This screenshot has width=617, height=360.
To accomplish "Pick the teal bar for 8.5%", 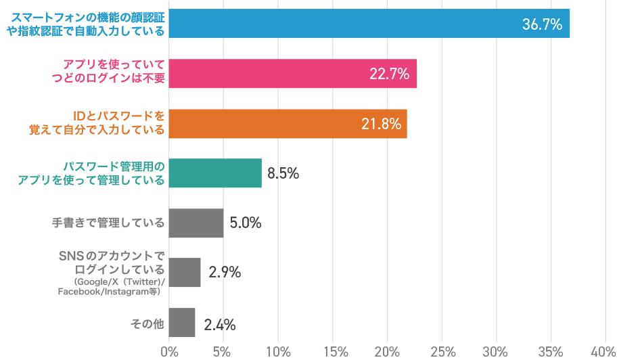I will (x=215, y=173).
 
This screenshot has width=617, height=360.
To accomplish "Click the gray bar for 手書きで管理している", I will (x=196, y=223).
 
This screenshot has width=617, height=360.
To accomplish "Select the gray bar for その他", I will (x=182, y=323).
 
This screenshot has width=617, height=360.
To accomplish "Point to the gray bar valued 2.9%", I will (x=185, y=273).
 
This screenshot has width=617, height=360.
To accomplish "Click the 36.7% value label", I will (x=542, y=24).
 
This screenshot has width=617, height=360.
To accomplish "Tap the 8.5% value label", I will (x=283, y=173).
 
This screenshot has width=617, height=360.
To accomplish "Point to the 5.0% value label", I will (x=245, y=223).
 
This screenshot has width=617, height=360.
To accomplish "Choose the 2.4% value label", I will (x=219, y=325).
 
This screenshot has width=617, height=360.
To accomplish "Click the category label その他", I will (x=147, y=323).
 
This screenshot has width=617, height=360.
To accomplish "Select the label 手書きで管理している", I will (x=108, y=223).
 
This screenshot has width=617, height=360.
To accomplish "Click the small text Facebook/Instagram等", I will (x=108, y=292).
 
